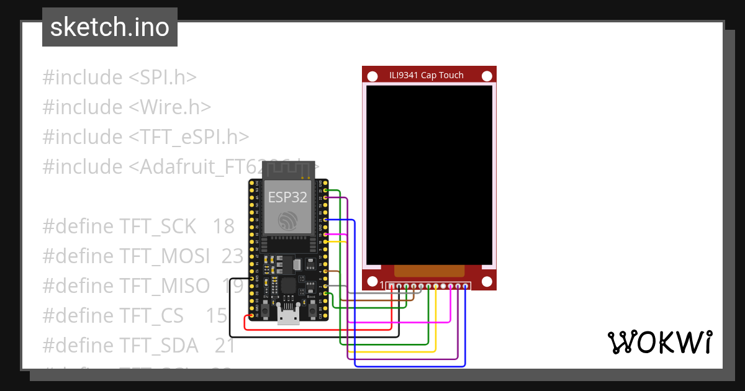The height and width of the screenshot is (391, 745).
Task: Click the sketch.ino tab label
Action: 110,27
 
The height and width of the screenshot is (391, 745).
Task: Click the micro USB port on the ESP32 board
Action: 287,317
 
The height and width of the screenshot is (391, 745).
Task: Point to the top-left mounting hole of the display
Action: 372,76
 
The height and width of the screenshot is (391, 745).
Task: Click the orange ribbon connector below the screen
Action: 429,271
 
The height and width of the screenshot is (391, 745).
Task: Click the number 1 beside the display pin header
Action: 382,285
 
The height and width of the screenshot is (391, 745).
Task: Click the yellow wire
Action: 397,352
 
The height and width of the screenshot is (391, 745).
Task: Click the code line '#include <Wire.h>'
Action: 127,107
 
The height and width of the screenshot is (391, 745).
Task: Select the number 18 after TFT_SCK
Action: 223,227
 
